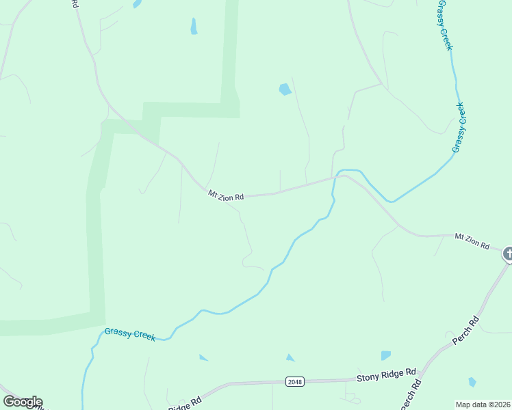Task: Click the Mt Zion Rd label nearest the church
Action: tap(472, 240)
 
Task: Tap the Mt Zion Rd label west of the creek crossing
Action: tap(226, 196)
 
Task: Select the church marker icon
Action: tap(508, 254)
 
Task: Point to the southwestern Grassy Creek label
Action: tap(129, 334)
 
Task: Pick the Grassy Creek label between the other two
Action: tap(459, 127)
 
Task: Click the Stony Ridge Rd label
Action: tap(386, 374)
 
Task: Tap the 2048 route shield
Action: tap(295, 381)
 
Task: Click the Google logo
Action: tap(23, 402)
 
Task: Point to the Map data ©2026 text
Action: tap(483, 405)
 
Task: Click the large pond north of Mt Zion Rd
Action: tap(285, 89)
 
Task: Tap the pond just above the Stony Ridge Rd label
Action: tap(386, 355)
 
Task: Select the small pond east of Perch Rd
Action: tap(472, 382)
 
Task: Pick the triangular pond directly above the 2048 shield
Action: tap(290, 358)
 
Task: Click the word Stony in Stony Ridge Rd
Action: tap(367, 377)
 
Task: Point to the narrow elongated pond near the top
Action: tap(194, 27)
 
